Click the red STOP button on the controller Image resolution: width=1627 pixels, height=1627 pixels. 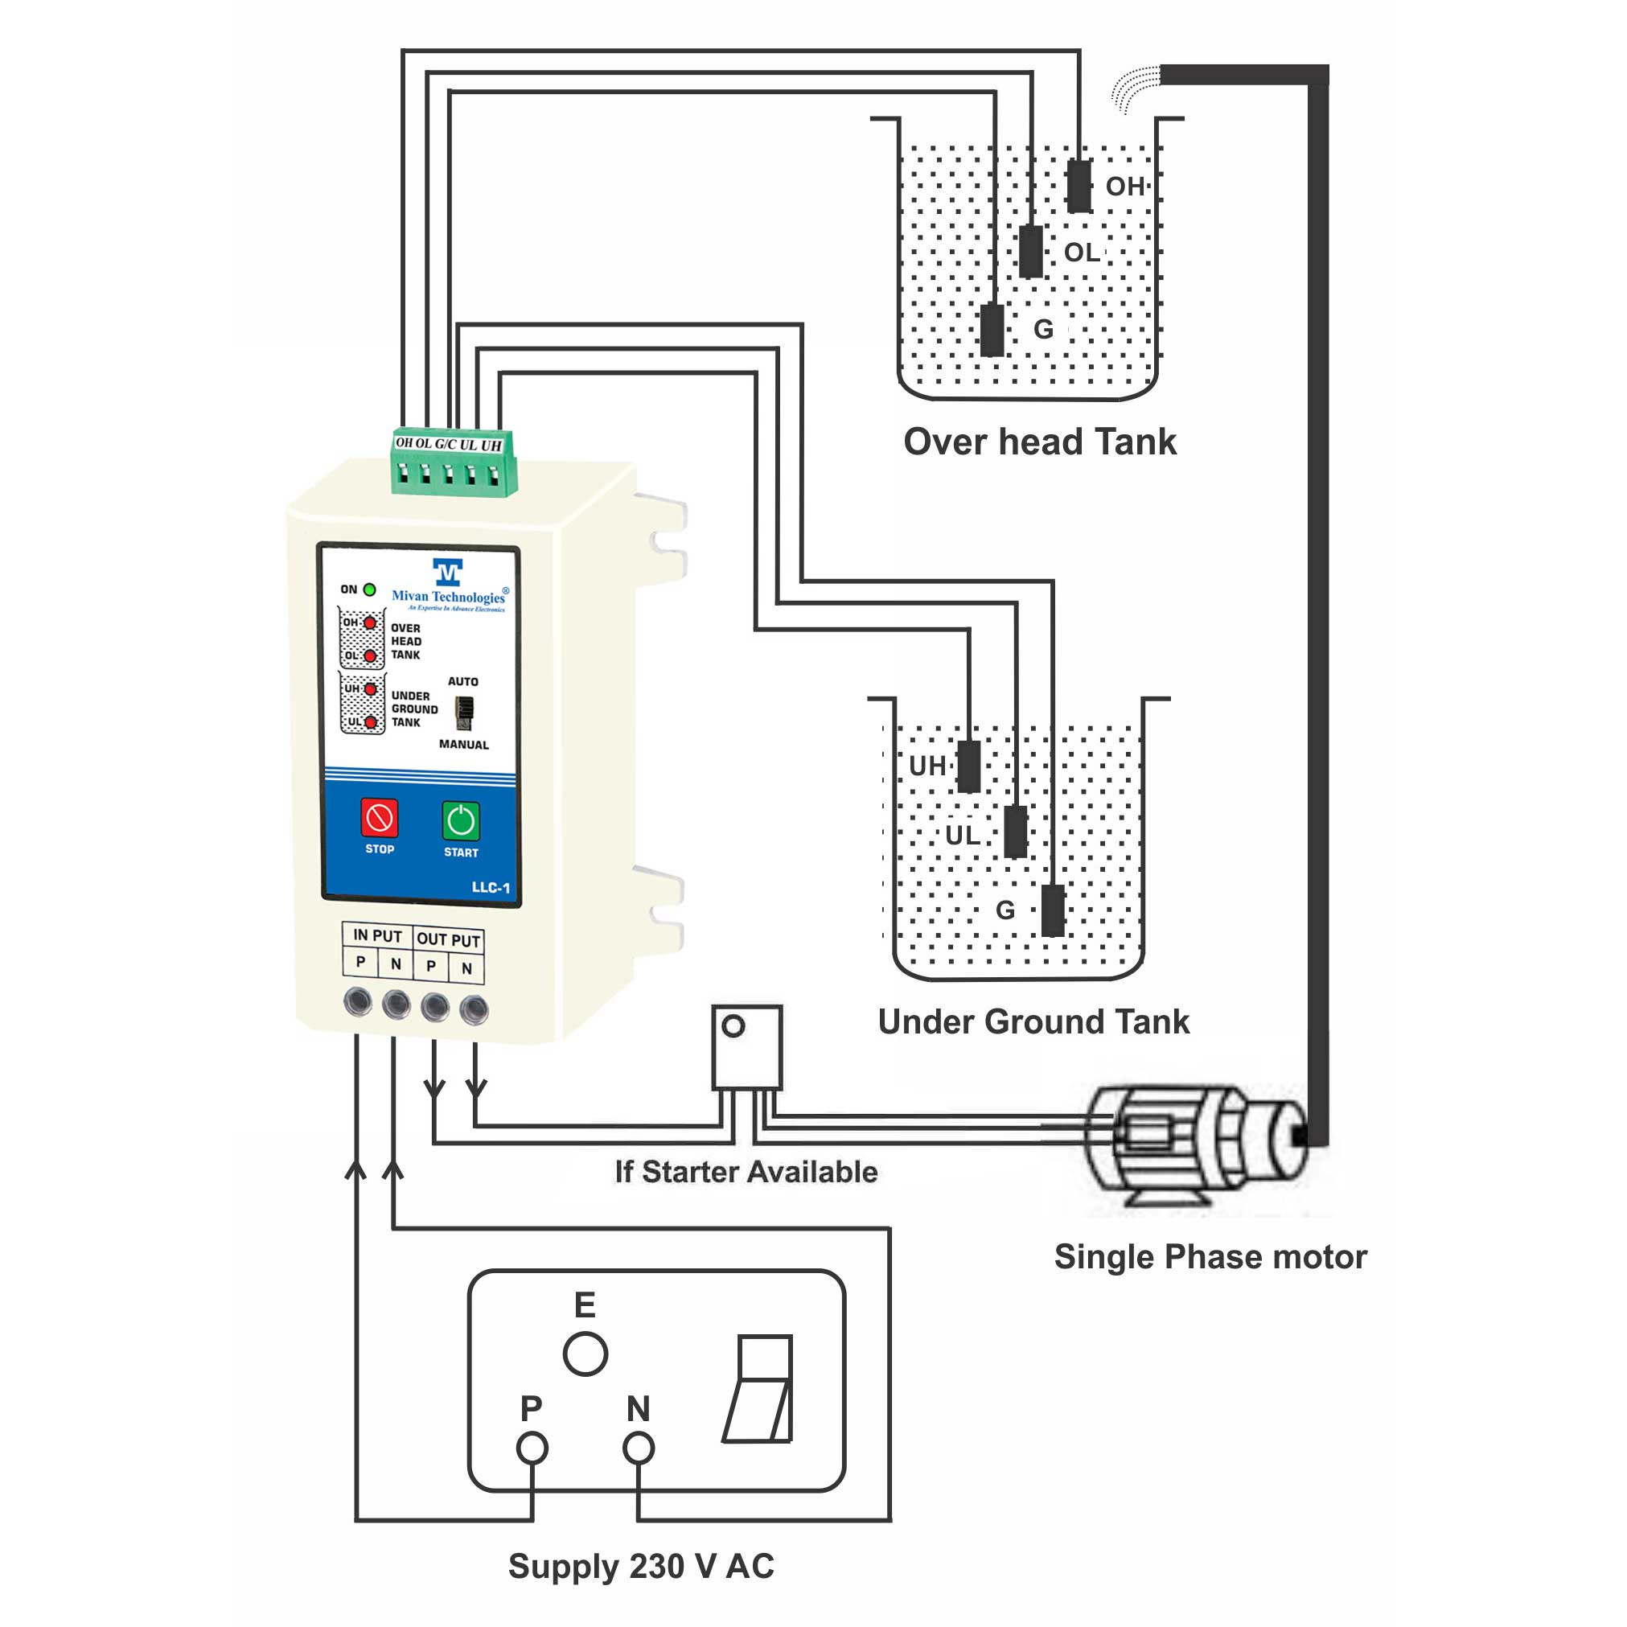coord(379,817)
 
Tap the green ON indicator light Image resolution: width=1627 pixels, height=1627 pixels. coord(369,590)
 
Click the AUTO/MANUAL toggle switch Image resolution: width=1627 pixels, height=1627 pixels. coord(464,713)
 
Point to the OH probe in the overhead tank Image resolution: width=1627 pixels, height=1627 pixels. coord(1079,186)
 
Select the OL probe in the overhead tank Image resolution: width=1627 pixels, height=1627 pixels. coord(1031,251)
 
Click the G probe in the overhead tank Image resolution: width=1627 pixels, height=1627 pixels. coord(993,329)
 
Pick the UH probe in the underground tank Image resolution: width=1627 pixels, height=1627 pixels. coord(969,766)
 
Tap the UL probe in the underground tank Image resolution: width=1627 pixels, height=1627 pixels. coord(1017,832)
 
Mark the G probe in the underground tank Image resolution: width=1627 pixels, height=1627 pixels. coord(1053,910)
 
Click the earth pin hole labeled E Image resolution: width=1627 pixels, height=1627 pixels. coord(585,1354)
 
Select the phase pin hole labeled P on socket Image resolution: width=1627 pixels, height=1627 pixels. coord(532,1448)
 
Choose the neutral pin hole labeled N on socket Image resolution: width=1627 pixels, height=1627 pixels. coord(639,1448)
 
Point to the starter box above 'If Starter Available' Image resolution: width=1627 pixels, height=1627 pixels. coord(747,1048)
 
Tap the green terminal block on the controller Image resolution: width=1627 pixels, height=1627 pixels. coord(453,464)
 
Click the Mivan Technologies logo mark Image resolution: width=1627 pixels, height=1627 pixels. coord(447,572)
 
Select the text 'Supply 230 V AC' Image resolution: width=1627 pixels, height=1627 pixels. coord(641,1567)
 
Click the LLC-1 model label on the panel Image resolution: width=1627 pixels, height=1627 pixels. coord(490,888)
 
